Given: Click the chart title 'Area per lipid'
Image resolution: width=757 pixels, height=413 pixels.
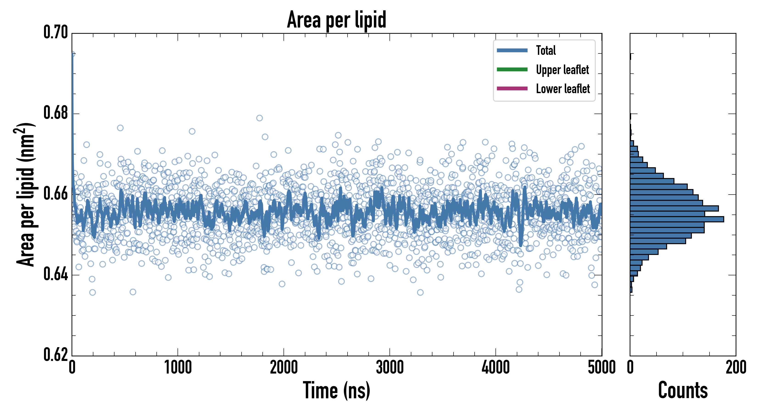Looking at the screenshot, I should [337, 20].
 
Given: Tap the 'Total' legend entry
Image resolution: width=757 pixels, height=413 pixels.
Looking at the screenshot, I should [546, 50].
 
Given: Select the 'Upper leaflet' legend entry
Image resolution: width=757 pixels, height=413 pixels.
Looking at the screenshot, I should [562, 70].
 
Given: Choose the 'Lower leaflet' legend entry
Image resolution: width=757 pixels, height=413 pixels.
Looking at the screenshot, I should [563, 89].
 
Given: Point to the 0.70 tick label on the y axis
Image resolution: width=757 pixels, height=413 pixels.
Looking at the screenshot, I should [56, 32].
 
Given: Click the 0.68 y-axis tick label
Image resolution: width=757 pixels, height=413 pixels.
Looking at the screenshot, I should [56, 113].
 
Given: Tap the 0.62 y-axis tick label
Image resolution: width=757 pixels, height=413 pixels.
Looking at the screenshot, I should [56, 354].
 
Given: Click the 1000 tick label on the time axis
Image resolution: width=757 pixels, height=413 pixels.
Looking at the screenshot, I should [178, 367].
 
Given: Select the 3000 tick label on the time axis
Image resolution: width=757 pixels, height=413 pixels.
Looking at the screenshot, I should [390, 367].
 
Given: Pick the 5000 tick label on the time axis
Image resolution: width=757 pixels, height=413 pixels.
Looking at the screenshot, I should [601, 367].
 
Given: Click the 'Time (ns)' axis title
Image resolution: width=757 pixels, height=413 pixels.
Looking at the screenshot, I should [337, 390].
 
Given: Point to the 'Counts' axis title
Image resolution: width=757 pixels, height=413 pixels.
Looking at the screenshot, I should [683, 390].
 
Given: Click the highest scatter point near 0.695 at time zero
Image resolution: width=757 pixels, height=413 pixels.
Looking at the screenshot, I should [72, 54].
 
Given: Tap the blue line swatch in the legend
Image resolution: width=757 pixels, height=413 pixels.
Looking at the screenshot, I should [512, 50].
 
